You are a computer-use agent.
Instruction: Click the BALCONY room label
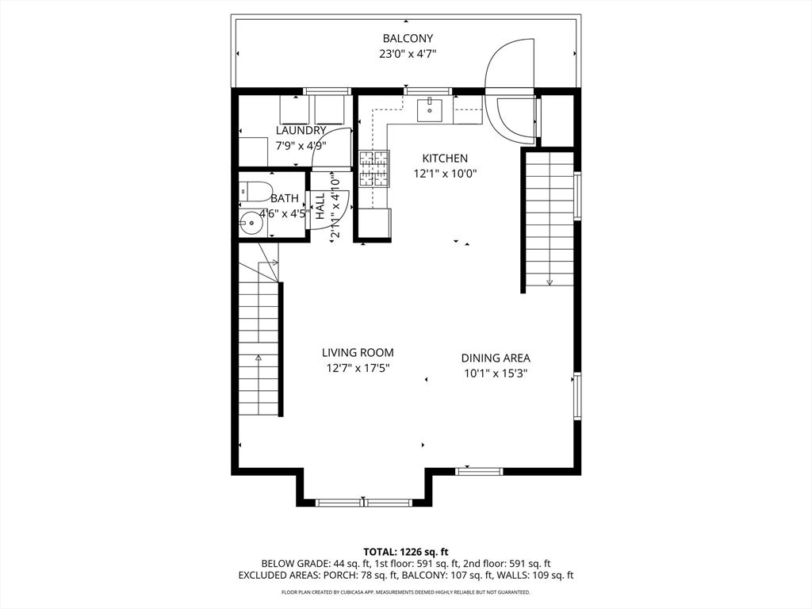(x=408, y=38)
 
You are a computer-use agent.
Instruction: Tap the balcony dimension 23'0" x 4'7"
(x=408, y=54)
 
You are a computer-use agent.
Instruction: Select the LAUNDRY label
(x=301, y=130)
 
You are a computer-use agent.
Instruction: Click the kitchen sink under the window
(x=430, y=109)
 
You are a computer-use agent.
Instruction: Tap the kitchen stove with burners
(x=375, y=168)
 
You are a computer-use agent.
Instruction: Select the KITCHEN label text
(x=444, y=159)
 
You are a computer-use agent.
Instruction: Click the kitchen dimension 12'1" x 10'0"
(x=445, y=174)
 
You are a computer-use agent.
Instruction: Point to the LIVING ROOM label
(x=358, y=353)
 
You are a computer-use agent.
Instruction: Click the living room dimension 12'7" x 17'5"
(x=358, y=368)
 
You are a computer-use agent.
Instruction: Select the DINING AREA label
(x=496, y=358)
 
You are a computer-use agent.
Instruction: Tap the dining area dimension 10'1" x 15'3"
(x=496, y=373)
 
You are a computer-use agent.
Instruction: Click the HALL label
(x=320, y=206)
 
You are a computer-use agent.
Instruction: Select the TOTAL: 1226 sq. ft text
(x=406, y=551)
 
